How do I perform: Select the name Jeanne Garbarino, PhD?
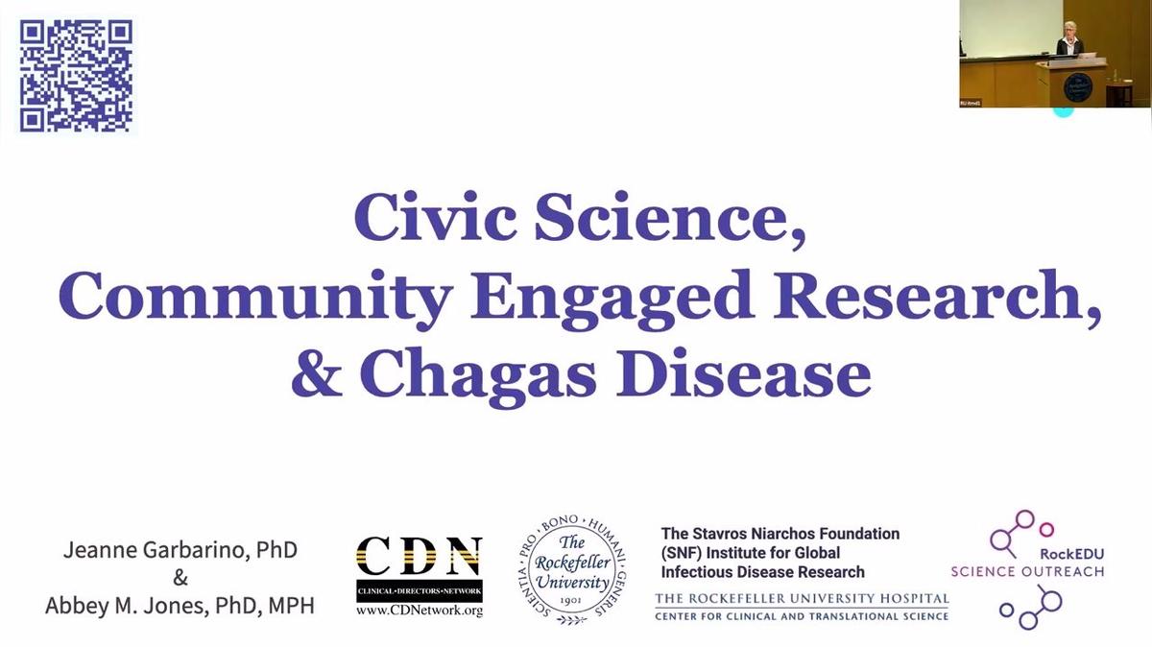tap(180, 551)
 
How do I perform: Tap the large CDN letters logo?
tap(419, 556)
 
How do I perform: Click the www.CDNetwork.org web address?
tap(419, 610)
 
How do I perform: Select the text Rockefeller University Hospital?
tap(802, 599)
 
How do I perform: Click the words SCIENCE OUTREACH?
tap(1027, 571)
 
